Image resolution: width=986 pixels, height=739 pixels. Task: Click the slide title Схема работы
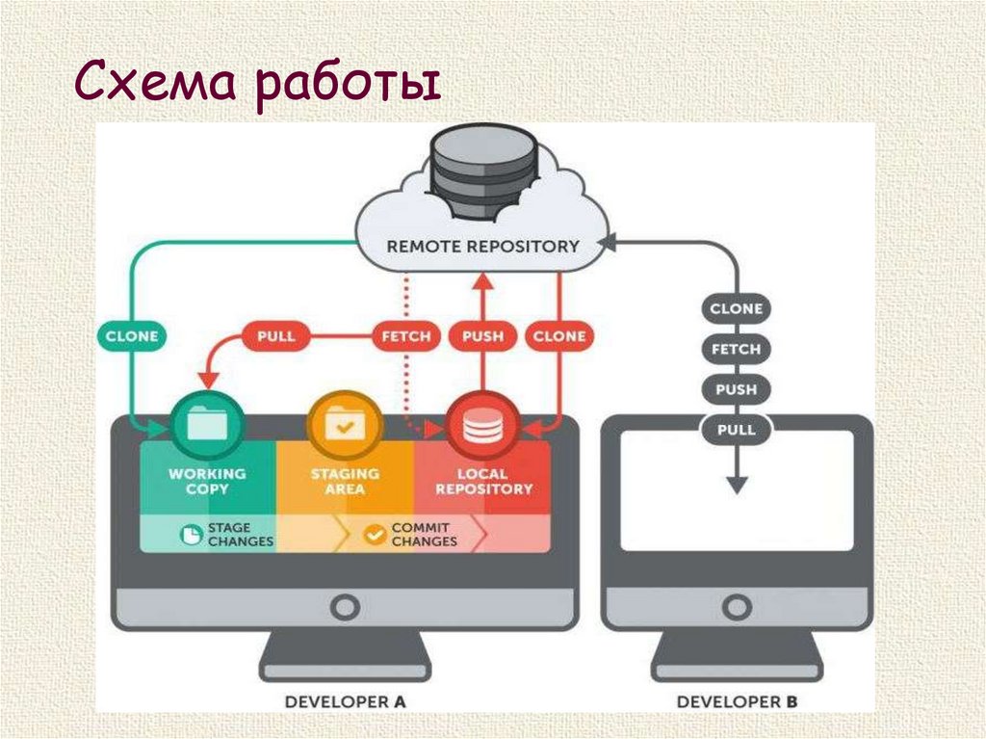point(257,86)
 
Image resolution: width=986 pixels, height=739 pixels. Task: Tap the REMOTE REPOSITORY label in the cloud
point(483,246)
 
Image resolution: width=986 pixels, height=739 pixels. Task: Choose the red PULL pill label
point(275,336)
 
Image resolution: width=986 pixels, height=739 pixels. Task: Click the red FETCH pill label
point(405,336)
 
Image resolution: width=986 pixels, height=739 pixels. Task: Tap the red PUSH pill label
point(482,336)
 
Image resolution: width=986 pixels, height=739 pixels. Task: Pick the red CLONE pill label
point(558,336)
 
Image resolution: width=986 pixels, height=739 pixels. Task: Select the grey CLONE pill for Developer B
point(737,309)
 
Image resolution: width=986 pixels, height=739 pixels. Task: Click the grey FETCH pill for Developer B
point(737,349)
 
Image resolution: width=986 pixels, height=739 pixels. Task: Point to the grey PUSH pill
point(737,389)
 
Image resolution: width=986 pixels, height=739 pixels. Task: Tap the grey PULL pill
point(737,429)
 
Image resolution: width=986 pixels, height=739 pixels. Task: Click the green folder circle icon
point(204,424)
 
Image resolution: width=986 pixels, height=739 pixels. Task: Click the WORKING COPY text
point(206,481)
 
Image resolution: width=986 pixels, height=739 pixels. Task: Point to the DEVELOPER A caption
point(345,701)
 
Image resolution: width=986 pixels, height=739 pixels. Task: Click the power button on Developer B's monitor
point(737,606)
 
